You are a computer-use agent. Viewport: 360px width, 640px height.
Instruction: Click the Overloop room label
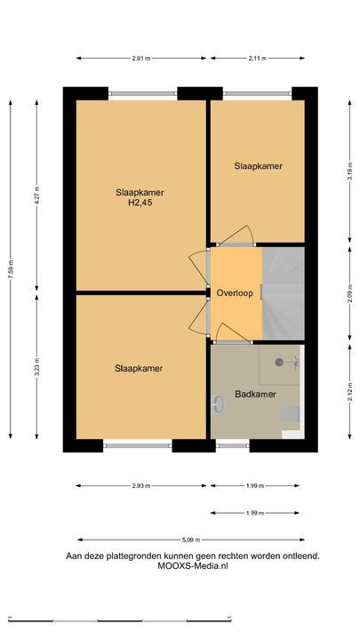[235, 293]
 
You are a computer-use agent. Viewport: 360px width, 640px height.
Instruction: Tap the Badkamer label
[255, 395]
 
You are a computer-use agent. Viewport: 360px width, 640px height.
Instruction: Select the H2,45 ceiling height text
[140, 203]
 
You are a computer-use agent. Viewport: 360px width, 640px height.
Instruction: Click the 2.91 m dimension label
[141, 59]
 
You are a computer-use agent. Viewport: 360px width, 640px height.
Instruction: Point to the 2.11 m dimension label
[258, 59]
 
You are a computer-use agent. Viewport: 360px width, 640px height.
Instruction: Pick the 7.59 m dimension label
[11, 269]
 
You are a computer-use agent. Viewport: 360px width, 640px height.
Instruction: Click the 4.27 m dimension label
[36, 196]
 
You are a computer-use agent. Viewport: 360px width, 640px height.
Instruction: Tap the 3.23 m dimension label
[36, 366]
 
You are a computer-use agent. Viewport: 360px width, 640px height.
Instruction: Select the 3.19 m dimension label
[350, 171]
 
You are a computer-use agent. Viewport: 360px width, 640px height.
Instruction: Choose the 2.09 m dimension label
[350, 293]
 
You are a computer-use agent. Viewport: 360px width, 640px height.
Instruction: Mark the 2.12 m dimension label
[350, 391]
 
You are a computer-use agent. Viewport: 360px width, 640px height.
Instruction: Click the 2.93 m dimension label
[141, 485]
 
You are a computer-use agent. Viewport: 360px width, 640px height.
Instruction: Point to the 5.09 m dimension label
[191, 540]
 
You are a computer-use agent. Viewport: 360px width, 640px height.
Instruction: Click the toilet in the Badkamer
[290, 415]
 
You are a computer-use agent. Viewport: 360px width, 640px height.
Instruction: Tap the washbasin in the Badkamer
[218, 404]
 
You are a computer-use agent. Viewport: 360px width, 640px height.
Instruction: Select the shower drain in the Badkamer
[279, 362]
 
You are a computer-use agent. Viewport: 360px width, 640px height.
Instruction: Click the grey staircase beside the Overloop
[284, 293]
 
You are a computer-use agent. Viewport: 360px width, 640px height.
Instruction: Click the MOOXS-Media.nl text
[193, 566]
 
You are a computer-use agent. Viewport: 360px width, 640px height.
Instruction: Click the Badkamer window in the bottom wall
[233, 445]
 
